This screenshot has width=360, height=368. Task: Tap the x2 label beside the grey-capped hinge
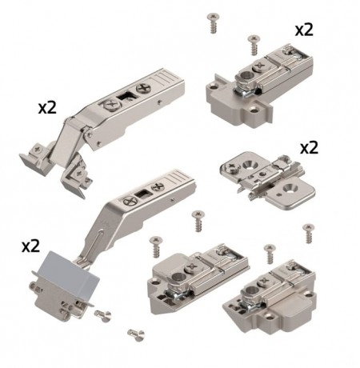pyautogui.click(x=31, y=246)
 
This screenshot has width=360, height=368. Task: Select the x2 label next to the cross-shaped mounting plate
pyautogui.click(x=309, y=148)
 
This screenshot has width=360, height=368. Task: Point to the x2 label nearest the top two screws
pyautogui.click(x=304, y=30)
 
